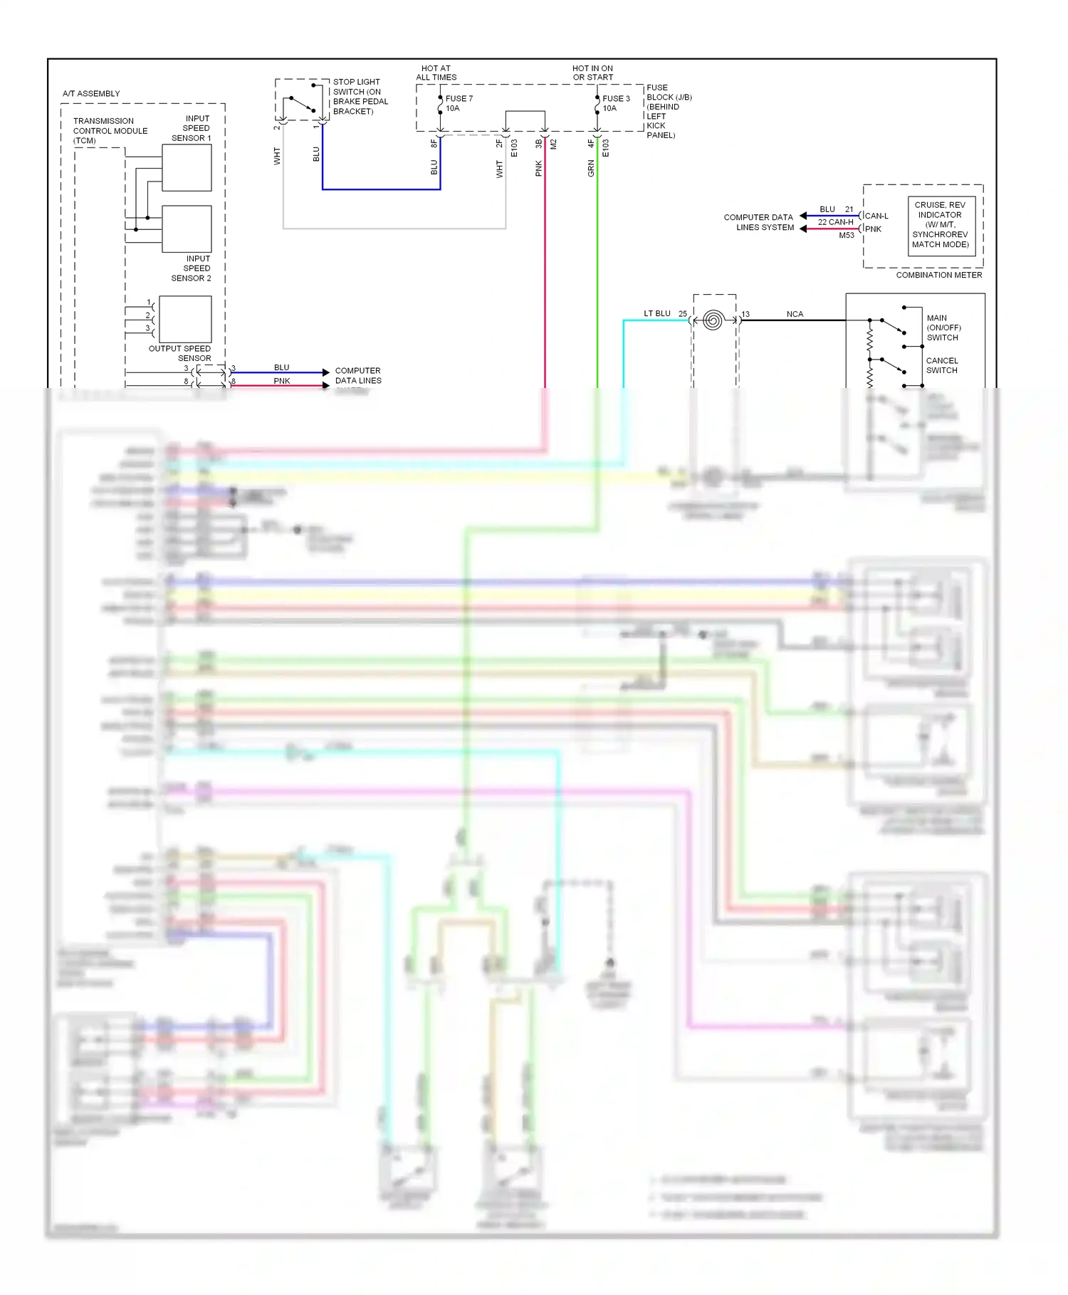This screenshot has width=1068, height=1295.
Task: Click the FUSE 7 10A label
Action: pyautogui.click(x=459, y=103)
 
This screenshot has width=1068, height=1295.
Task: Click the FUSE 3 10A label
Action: pyautogui.click(x=616, y=103)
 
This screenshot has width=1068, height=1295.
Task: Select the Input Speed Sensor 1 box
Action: pyautogui.click(x=187, y=168)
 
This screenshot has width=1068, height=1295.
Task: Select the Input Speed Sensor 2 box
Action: pyautogui.click(x=187, y=229)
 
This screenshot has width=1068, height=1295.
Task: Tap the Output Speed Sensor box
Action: pyautogui.click(x=185, y=320)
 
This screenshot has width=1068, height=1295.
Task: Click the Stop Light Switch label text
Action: pyautogui.click(x=360, y=97)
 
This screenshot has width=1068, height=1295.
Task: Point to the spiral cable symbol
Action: pyautogui.click(x=713, y=320)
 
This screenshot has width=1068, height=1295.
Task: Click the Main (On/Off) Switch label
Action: pyautogui.click(x=943, y=327)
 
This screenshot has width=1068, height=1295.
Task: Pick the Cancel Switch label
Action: pyautogui.click(x=941, y=365)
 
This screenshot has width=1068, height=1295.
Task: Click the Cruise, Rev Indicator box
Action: pyautogui.click(x=941, y=224)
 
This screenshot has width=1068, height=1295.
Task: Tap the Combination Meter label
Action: pyautogui.click(x=938, y=275)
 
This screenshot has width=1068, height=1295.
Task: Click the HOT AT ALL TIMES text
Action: pyautogui.click(x=436, y=73)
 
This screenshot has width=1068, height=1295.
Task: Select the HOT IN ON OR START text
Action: pyautogui.click(x=592, y=73)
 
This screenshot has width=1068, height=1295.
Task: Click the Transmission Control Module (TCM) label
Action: pyautogui.click(x=110, y=131)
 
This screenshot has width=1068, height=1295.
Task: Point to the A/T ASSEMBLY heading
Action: pyautogui.click(x=91, y=93)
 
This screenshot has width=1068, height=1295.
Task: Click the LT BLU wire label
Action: pyautogui.click(x=656, y=313)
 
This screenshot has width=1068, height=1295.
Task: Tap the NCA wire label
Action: pyautogui.click(x=795, y=314)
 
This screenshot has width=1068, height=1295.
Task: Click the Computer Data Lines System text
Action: pyautogui.click(x=758, y=222)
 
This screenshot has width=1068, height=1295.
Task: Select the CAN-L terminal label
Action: pyautogui.click(x=876, y=216)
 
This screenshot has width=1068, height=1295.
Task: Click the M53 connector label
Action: pyautogui.click(x=846, y=235)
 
